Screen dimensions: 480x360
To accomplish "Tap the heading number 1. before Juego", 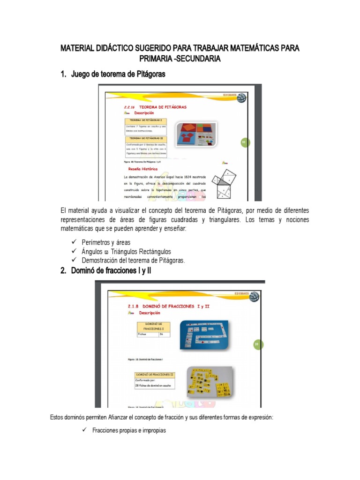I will click(64, 74).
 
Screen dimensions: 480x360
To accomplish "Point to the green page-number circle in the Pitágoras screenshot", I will click(244, 142).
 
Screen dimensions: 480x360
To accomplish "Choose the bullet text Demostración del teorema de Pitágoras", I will click(134, 260).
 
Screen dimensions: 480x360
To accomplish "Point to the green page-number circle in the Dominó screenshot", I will click(257, 345).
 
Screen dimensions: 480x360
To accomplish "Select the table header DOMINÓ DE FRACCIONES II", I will click(155, 375).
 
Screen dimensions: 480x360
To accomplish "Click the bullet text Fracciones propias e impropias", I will click(129, 430).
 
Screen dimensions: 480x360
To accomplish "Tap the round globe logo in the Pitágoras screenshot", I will click(240, 98).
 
